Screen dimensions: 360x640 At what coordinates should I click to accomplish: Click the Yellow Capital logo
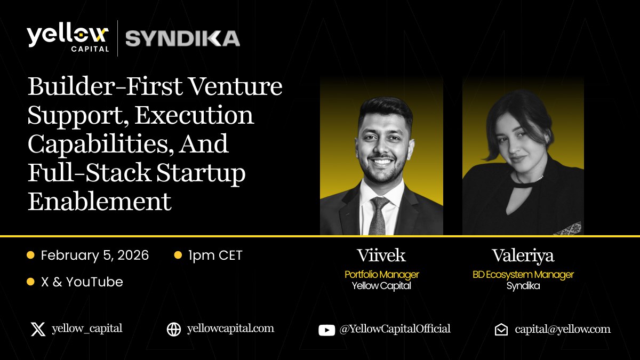68,38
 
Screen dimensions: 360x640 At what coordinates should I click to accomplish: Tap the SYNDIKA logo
182,38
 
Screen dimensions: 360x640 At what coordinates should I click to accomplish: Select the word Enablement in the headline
100,202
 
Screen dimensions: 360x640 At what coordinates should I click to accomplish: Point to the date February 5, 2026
95,255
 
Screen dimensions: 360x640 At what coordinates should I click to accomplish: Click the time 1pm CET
215,255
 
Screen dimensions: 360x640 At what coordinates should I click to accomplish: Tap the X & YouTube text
82,282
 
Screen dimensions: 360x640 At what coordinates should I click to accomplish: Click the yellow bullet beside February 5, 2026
30,255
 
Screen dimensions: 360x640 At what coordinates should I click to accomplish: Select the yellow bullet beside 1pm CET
178,255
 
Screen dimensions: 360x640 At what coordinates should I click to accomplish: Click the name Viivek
381,255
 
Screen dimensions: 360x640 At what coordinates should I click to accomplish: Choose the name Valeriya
523,255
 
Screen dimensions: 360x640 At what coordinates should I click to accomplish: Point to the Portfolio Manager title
381,275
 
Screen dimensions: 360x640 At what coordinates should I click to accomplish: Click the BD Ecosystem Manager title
523,275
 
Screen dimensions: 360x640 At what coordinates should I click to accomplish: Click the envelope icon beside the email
501,330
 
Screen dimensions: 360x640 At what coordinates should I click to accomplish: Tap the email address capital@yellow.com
563,329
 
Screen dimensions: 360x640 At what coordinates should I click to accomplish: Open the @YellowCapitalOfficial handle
395,329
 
